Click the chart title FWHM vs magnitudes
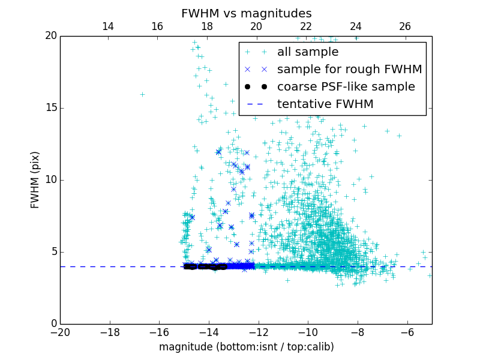coord(246,13)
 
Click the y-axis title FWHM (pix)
coord(35,180)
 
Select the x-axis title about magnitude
coord(246,347)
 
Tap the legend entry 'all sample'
coord(308,52)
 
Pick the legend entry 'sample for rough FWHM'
coord(349,69)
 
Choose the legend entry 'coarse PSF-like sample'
coord(346,86)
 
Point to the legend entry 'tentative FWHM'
coord(325,104)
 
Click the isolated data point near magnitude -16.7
coord(142,94)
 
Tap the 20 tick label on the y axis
coord(50,36)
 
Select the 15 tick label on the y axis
coord(50,108)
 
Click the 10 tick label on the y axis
coord(50,180)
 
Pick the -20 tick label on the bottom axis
coord(60,332)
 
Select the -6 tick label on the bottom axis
coord(407,332)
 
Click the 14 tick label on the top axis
coord(108,26)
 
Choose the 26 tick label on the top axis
coord(405,26)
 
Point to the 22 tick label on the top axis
coord(306,26)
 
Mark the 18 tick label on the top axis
coord(207,26)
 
